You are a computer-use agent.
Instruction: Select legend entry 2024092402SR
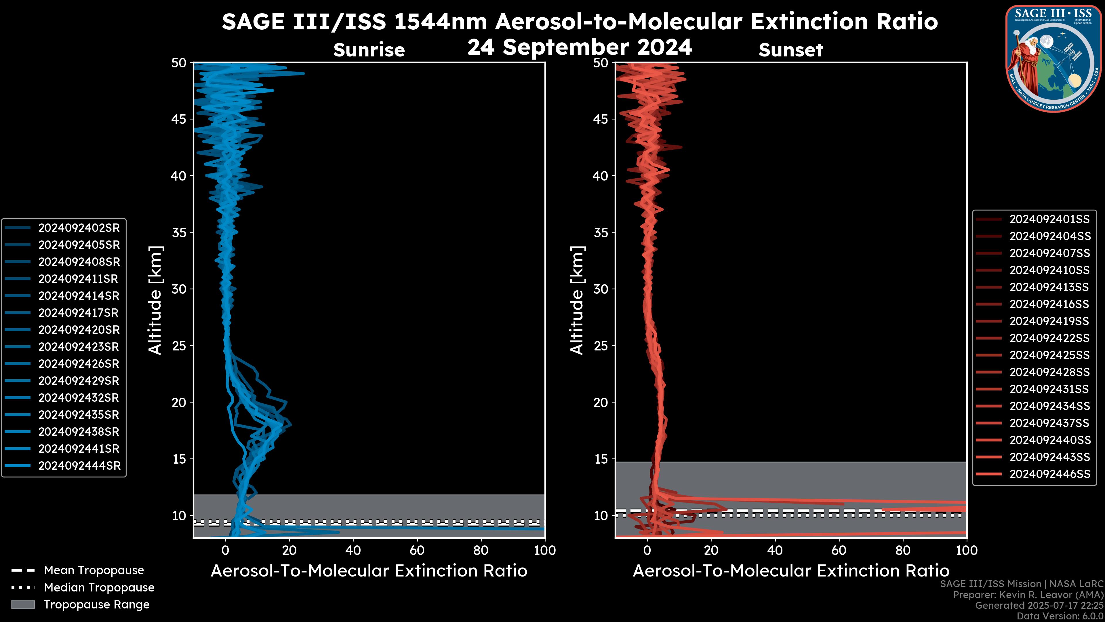[79, 228]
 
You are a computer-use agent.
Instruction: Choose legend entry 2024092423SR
[79, 347]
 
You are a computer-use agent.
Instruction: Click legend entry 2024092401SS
[1049, 219]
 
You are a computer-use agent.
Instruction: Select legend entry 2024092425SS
[1049, 355]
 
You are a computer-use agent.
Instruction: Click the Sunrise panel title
[369, 50]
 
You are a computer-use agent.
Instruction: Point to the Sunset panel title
[790, 50]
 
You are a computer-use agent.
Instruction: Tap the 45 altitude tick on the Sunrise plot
[179, 119]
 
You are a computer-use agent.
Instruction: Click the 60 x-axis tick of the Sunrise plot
[417, 550]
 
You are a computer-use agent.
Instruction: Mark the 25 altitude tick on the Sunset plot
[601, 346]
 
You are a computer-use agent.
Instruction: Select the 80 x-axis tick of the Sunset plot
[903, 550]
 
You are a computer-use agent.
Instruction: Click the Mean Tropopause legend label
[94, 570]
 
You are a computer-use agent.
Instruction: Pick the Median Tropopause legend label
[99, 588]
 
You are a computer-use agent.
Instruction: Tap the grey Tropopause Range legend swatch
[23, 604]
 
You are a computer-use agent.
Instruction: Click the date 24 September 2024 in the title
[580, 47]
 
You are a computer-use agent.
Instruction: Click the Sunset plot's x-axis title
[790, 571]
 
